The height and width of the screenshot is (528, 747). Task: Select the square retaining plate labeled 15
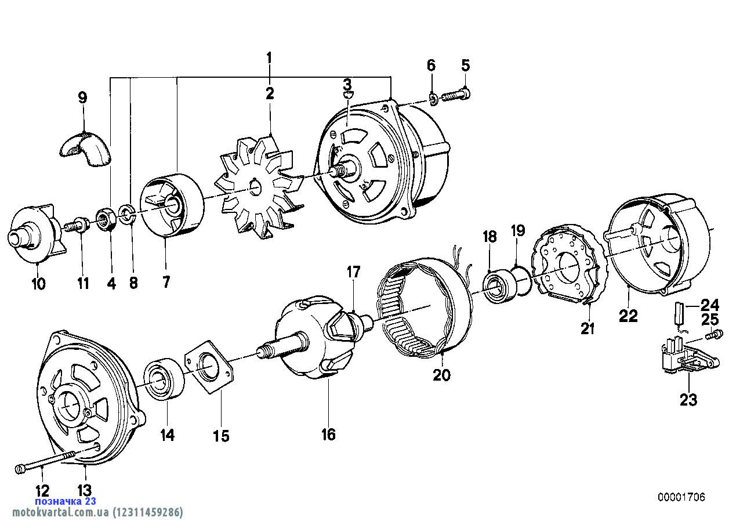[x=209, y=368]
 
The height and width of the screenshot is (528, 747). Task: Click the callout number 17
[x=354, y=272]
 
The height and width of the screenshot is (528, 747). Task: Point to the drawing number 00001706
[x=681, y=497]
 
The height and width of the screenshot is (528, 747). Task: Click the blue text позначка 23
[x=66, y=501]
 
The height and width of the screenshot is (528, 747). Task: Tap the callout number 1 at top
[x=269, y=58]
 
